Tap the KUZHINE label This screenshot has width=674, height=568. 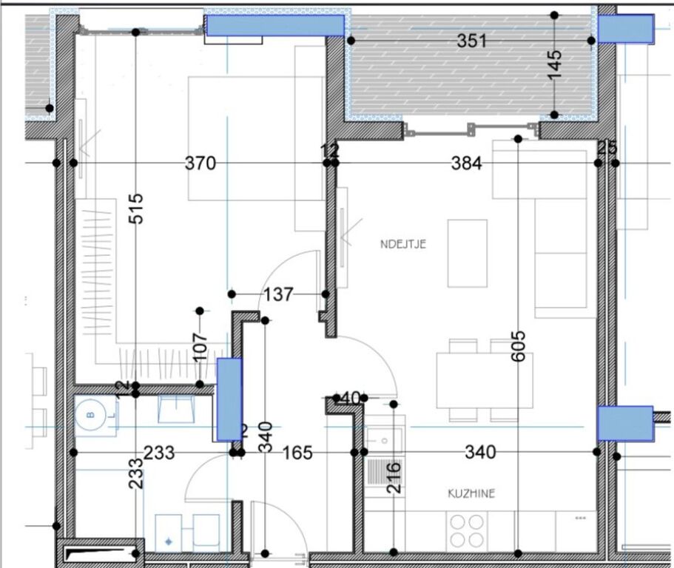(471, 493)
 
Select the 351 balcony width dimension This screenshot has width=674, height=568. (471, 41)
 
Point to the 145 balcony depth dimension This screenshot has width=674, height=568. (556, 64)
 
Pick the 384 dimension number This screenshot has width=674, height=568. (466, 163)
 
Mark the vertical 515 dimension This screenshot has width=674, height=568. (135, 209)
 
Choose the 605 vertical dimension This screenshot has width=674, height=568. (518, 346)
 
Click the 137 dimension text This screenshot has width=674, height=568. (278, 294)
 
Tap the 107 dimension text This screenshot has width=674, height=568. (199, 345)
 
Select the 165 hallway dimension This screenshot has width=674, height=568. (298, 452)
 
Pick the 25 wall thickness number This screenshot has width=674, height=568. (607, 149)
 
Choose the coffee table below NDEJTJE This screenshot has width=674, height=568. (467, 253)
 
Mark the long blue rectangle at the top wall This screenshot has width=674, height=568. (275, 26)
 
